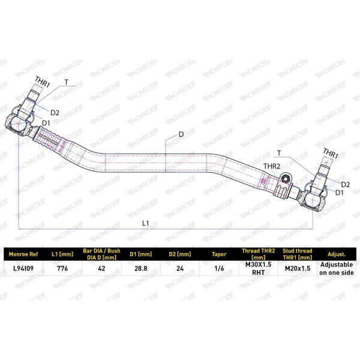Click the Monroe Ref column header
coord(23,254)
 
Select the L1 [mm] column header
coord(62,254)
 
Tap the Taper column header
coord(219,254)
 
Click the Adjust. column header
coord(337,254)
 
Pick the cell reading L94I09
coord(23,268)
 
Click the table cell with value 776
coord(62,268)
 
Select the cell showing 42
coord(101,268)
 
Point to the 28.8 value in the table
coord(141,268)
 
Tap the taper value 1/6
coord(219,268)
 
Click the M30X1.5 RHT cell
coord(258,268)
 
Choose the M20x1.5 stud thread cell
coord(298,268)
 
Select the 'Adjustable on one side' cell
coord(337,268)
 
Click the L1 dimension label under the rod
coord(146,223)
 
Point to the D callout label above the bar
coord(181,134)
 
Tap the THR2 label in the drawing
coord(272,166)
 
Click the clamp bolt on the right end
coord(286,178)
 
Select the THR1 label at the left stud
coord(43,82)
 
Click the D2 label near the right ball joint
coord(346,184)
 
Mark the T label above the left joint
coord(67,82)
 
